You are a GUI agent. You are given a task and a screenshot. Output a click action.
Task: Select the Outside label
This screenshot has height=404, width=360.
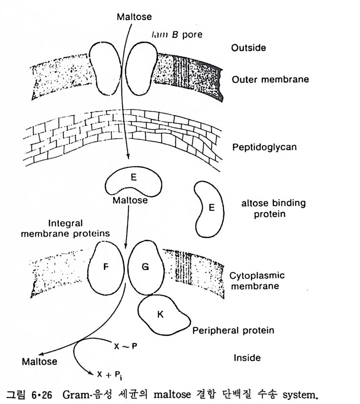(x=248, y=48)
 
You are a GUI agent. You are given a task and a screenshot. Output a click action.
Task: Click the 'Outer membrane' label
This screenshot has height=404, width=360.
(x=270, y=79)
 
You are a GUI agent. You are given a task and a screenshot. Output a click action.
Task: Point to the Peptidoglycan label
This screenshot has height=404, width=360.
(x=264, y=147)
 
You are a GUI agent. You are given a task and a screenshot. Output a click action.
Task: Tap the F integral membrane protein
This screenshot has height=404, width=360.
(x=105, y=267)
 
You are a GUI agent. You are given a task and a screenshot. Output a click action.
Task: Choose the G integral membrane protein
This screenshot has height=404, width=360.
(x=145, y=267)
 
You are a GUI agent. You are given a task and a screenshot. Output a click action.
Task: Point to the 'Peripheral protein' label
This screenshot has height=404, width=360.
(x=233, y=331)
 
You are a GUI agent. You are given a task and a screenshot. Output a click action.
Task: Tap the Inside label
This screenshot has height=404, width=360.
(x=247, y=357)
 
